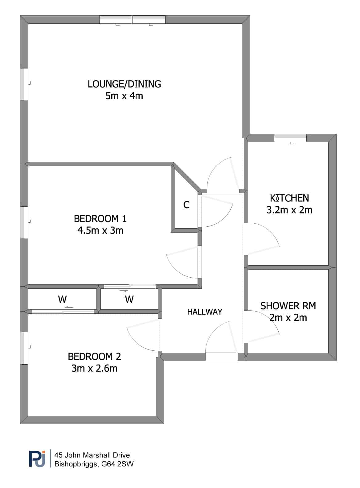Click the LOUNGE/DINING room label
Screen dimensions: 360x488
124,84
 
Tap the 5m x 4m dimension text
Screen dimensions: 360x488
124,96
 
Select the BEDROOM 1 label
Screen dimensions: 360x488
100,219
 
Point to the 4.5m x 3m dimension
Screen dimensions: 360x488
100,230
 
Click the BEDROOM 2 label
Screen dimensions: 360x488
94,357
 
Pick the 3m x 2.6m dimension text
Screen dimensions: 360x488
94,369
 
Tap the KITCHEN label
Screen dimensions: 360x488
289,198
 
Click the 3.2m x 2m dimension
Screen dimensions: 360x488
289,210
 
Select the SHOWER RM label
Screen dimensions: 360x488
288,306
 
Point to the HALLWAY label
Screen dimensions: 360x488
205,312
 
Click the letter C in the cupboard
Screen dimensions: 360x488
186,205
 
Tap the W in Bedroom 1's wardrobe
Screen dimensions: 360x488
129,299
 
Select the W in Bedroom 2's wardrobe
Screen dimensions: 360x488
63,299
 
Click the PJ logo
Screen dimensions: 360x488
37,459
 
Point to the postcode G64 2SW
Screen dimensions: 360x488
117,464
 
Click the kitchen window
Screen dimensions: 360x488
290,138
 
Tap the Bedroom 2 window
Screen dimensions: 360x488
24,348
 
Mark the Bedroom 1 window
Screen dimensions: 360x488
24,222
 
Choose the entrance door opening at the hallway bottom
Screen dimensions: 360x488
221,357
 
